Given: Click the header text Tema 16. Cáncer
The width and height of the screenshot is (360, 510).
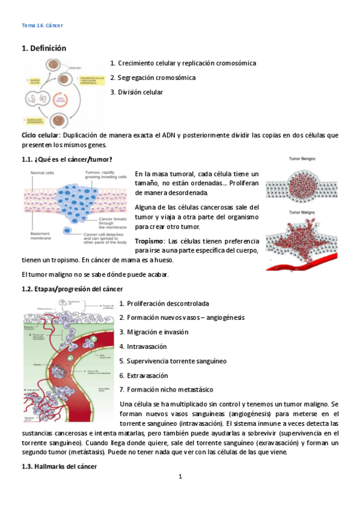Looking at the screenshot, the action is pyautogui.click(x=42, y=25).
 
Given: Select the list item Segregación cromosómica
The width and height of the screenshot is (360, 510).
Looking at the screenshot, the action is pyautogui.click(x=156, y=78).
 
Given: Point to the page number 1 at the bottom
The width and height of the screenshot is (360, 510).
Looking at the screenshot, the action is pyautogui.click(x=180, y=478).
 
